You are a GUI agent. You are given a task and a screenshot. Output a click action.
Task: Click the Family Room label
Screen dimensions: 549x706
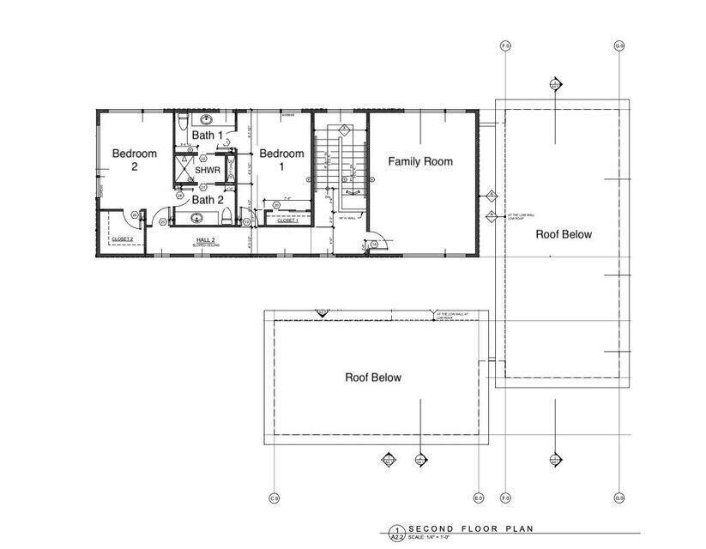[x=419, y=161]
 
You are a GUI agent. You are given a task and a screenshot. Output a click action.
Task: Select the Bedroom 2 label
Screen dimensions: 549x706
[x=135, y=160]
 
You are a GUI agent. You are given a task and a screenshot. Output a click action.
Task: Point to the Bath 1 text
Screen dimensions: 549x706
[x=207, y=136]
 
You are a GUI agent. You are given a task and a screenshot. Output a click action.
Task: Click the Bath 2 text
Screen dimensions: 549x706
[x=207, y=200]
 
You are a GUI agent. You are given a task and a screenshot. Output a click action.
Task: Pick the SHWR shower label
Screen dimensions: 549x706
[x=208, y=171]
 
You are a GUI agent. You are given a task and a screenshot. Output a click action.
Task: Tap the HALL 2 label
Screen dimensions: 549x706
[x=205, y=239]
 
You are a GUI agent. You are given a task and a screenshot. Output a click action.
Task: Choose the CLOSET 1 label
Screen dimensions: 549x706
[x=287, y=220]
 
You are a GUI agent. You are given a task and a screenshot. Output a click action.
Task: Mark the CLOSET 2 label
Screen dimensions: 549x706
[x=122, y=238]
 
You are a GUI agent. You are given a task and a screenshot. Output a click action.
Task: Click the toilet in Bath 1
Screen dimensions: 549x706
[x=181, y=125]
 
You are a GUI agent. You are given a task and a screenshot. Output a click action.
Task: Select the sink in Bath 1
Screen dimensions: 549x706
[x=207, y=120]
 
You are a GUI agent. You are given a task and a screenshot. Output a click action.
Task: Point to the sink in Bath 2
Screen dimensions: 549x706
[x=196, y=217]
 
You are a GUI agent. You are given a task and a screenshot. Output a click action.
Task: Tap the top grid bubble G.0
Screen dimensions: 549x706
[x=619, y=45]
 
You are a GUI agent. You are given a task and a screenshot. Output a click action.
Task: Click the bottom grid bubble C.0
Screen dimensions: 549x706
[x=275, y=498]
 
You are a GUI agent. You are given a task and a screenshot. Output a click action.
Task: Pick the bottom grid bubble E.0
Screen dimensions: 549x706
[x=478, y=498]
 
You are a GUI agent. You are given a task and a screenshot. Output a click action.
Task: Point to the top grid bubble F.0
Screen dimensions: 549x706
[x=505, y=45]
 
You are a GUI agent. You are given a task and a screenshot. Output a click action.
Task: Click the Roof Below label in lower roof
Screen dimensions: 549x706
[x=372, y=377]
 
